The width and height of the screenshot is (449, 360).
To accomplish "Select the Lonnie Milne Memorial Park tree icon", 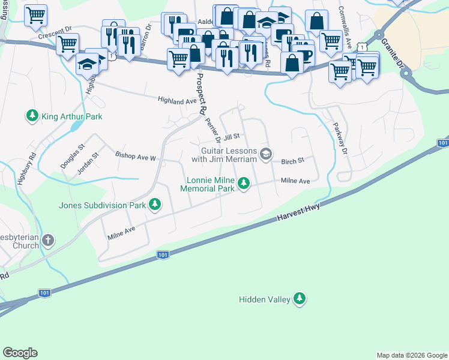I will point(243,184).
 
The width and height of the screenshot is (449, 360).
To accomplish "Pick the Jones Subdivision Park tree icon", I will point(155,205).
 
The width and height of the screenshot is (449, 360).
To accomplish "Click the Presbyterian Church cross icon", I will point(48,241).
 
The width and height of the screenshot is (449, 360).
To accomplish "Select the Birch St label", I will point(293,161).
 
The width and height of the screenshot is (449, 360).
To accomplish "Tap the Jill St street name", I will point(232,137).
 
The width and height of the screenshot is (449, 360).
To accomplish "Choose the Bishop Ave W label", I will point(136,157).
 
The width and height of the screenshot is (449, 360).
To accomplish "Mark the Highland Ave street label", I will point(177,101).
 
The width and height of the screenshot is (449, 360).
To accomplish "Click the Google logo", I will point(20,353).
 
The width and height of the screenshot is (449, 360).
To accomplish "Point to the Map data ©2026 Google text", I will point(411,355).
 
